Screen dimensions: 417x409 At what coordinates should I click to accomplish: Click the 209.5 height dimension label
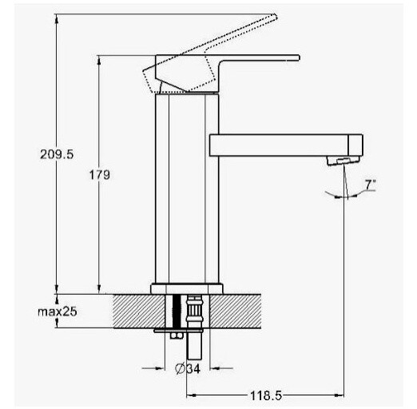pos(57,154)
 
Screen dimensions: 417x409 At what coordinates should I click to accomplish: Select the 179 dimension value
pos(99,175)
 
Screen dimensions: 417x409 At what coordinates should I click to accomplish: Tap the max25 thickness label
pos(58,312)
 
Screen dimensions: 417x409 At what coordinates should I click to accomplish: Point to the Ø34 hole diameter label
pos(188,369)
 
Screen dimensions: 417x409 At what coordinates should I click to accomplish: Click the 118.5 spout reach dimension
pos(266,395)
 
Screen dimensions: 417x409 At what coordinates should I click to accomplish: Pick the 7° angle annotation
pos(371,185)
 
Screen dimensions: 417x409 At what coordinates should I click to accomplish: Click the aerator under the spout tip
pos(343,161)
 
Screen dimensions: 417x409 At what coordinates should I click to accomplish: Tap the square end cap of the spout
pos(355,145)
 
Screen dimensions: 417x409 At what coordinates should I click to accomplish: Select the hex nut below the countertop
pos(177,336)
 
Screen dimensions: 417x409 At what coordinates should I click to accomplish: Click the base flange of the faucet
pos(186,288)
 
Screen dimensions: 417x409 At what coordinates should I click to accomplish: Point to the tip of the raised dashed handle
pos(276,17)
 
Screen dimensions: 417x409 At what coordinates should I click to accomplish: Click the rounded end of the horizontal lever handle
pos(299,58)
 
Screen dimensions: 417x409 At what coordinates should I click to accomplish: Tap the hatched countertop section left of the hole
pos(139,311)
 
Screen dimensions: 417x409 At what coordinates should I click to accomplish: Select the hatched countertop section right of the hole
pos(236,311)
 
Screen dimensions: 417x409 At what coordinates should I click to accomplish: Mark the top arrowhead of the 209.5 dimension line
pos(56,18)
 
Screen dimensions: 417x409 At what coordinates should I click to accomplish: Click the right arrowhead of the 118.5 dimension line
pos(340,395)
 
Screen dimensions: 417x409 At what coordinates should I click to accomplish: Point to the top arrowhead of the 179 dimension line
pos(99,60)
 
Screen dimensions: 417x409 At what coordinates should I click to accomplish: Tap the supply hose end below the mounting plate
pos(194,346)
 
